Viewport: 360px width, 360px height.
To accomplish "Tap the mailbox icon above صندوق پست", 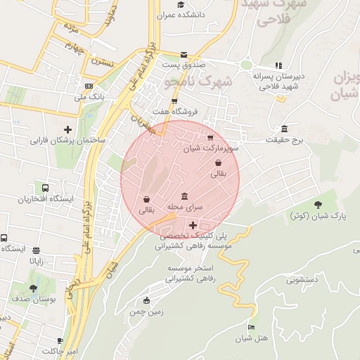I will [184, 54].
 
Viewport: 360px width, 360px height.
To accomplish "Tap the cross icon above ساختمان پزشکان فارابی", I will [68, 129].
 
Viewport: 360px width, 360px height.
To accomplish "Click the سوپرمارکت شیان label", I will [212, 148].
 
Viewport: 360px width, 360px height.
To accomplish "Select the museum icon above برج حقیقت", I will [284, 129].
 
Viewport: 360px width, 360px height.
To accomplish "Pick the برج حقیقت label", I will [283, 140].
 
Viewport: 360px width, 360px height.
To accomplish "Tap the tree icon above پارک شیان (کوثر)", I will [319, 205].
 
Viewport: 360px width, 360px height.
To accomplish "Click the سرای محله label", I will [184, 207].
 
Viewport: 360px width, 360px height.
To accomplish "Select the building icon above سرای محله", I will [184, 196].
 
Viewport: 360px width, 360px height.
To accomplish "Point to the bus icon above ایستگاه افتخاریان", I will [45, 188].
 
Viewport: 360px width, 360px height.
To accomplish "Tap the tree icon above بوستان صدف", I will [33, 288].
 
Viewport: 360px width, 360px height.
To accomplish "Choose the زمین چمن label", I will [146, 311].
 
